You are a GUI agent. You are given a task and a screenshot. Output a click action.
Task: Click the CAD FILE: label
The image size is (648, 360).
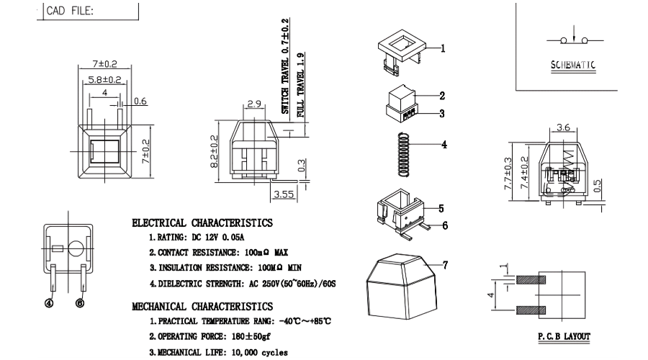(70, 11)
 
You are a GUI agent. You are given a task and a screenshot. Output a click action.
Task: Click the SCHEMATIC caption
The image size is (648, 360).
(573, 65)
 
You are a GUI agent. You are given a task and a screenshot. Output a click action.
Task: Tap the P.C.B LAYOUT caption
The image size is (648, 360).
(564, 336)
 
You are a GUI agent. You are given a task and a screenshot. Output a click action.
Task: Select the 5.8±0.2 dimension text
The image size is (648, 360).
(104, 79)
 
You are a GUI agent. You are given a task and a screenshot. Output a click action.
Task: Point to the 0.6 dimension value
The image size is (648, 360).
(140, 101)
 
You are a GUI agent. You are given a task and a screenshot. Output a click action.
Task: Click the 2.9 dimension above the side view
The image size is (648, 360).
(254, 104)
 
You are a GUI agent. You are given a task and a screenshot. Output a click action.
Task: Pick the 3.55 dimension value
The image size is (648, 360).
(284, 194)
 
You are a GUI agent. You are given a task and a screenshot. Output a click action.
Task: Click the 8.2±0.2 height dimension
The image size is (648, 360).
(214, 151)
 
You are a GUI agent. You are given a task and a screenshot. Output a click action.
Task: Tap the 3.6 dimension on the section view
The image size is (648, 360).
(563, 127)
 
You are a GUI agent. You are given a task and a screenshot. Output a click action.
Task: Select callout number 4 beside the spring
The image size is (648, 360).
(444, 145)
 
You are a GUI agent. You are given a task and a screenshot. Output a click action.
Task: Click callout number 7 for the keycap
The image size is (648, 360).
(445, 265)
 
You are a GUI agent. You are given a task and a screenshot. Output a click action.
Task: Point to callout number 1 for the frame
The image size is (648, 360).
(443, 48)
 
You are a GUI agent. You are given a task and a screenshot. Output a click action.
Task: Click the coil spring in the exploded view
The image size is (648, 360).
(404, 155)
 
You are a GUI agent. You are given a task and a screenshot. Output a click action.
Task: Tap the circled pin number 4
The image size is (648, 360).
(49, 303)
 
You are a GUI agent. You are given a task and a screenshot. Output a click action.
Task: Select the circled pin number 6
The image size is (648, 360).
(80, 303)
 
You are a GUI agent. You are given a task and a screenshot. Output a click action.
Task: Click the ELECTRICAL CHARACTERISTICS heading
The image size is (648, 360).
(202, 223)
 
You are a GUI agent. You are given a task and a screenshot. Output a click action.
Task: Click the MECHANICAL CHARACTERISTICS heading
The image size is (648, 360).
(202, 307)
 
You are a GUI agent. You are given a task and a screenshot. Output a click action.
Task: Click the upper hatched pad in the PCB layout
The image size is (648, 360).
(531, 280)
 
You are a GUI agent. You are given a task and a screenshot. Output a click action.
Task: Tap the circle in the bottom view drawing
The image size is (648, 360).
(76, 248)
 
